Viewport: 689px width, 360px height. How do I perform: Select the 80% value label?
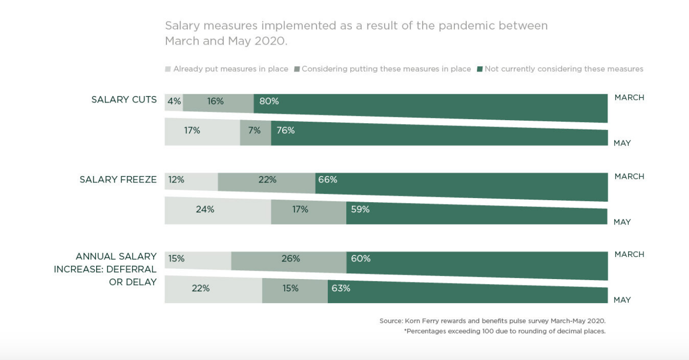click(x=269, y=102)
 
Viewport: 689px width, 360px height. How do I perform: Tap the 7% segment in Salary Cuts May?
click(x=255, y=131)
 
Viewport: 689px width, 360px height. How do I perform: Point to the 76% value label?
click(x=286, y=131)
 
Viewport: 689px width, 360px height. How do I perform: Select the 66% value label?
click(x=327, y=180)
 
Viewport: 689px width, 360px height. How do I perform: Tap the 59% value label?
click(x=360, y=209)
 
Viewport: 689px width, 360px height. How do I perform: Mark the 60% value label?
click(x=361, y=258)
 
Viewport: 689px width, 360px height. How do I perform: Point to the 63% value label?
click(x=341, y=288)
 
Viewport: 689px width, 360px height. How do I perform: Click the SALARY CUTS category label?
click(x=124, y=100)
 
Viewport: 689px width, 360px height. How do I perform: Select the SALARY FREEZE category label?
click(x=118, y=180)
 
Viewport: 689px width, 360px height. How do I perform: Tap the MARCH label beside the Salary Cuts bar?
click(x=629, y=98)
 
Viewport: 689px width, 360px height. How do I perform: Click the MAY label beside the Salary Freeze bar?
click(x=622, y=222)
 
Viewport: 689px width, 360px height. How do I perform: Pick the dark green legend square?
click(x=479, y=69)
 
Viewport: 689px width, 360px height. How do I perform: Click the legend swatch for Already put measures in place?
click(x=168, y=69)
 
